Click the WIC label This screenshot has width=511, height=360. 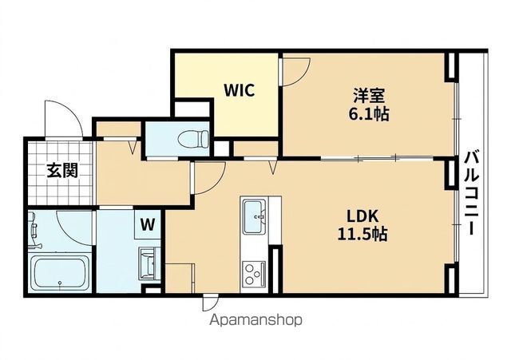tap(240, 90)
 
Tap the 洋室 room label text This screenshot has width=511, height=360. tap(369, 96)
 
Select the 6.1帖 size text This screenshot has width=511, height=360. tap(369, 114)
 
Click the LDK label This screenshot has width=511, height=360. tap(362, 216)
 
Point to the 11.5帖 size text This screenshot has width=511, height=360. tap(362, 234)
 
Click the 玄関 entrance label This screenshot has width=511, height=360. tap(62, 170)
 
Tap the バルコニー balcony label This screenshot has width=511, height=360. tap(471, 192)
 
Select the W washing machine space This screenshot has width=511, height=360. tap(148, 224)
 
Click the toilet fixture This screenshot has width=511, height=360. tap(193, 139)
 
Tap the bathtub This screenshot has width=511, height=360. tap(60, 273)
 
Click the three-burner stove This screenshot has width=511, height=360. tap(254, 275)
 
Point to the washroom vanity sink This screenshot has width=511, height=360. tap(149, 263)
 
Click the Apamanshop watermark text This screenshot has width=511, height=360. tap(255, 320)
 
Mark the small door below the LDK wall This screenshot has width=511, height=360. tap(210, 302)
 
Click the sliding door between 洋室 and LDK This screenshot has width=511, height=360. tap(377, 158)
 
